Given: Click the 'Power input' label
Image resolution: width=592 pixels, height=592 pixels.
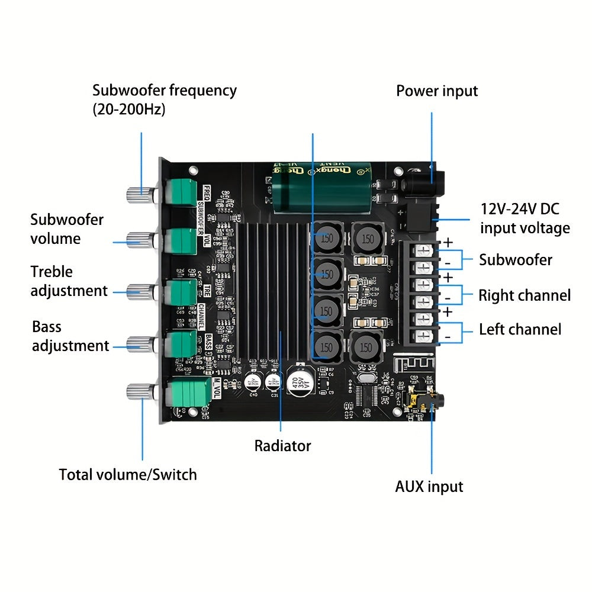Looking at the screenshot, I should click(436, 91).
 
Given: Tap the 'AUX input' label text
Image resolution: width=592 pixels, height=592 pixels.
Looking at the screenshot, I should click(429, 487).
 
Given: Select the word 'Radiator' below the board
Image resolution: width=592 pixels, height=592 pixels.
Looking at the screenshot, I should click(282, 446).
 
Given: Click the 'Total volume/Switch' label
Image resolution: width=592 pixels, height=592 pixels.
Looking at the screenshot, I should click(128, 474).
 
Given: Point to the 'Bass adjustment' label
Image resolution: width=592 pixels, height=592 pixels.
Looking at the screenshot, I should click(70, 336).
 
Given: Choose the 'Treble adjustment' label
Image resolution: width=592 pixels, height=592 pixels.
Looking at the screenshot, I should click(69, 281).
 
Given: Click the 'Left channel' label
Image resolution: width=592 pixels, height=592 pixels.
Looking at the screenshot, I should click(520, 329).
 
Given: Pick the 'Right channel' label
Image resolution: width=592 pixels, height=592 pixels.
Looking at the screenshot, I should click(525, 295).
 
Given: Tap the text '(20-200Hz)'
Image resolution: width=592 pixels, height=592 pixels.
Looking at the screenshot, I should click(128, 110).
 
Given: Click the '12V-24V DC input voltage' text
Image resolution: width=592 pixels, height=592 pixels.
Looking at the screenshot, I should click(525, 218).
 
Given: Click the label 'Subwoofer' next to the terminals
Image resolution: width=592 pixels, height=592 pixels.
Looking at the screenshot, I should click(515, 260).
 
